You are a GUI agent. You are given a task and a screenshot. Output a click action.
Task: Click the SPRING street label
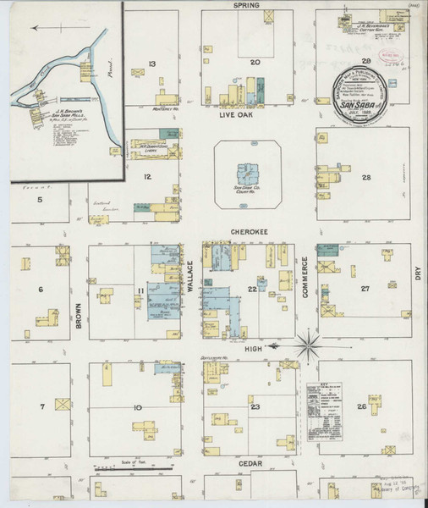pyautogui.click(x=248, y=5)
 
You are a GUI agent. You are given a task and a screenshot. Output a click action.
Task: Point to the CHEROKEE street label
pyautogui.click(x=248, y=229)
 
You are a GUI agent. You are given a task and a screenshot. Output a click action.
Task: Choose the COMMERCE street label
pyautogui.click(x=305, y=280)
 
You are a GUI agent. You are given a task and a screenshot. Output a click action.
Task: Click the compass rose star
pyautogui.click(x=309, y=345)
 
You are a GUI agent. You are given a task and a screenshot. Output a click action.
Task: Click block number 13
pyautogui.click(x=152, y=64)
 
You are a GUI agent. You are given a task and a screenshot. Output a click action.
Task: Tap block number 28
pyautogui.click(x=365, y=177)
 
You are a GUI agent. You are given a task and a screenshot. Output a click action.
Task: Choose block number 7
pyautogui.click(x=41, y=408)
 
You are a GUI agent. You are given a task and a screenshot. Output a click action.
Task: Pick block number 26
pyautogui.click(x=362, y=407)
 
